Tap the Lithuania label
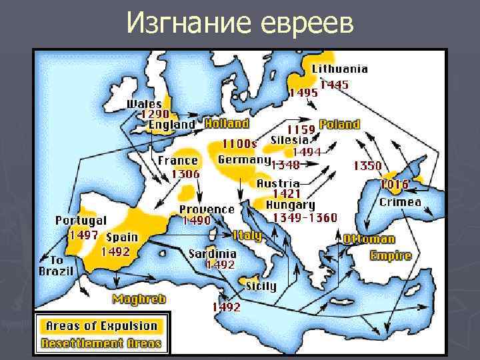(x=339, y=69)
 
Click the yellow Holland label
(x=227, y=123)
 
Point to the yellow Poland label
(x=339, y=125)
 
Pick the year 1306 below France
(x=186, y=173)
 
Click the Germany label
(x=243, y=160)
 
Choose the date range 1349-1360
(x=301, y=217)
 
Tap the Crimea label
(x=400, y=202)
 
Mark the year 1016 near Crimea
(x=395, y=183)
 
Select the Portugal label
(x=81, y=220)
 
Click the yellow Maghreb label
(x=139, y=299)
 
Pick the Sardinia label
(x=212, y=254)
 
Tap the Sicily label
(x=261, y=286)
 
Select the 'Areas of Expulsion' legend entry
(x=101, y=326)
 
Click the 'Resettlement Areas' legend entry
(x=101, y=343)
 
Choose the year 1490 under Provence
(x=197, y=221)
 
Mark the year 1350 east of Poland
(x=367, y=165)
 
